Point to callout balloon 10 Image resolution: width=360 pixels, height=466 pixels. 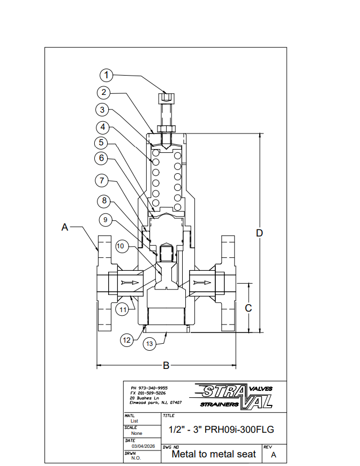point(121,246)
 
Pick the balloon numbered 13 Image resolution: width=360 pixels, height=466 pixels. point(150,343)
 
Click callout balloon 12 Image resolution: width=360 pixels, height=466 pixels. point(126,340)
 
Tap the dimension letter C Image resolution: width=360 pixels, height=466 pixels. point(248,308)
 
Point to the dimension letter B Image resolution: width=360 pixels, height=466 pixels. point(166,366)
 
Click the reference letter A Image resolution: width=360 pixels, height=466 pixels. point(65,227)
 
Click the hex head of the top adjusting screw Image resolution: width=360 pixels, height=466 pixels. point(166,98)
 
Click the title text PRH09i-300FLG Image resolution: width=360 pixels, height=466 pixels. point(222,430)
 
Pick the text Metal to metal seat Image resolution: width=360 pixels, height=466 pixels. point(214,454)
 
